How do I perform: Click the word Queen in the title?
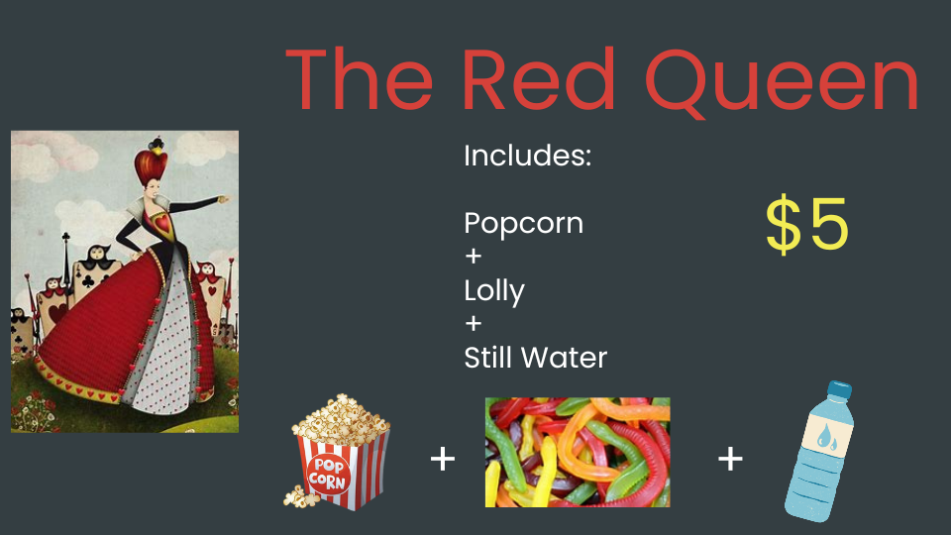783,81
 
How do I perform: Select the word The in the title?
359,80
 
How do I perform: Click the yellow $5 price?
806,223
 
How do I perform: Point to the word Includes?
527,156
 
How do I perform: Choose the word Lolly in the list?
494,291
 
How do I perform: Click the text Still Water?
536,358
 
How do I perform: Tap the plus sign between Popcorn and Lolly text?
474,256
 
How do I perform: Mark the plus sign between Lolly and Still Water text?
474,323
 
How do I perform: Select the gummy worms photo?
578,452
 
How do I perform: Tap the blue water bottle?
819,452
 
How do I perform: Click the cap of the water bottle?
840,389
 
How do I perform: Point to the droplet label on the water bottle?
825,438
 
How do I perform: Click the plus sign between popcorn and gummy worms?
443,459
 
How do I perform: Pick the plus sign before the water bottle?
730,459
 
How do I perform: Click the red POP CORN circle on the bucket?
328,475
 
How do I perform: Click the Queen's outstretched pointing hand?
224,198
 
